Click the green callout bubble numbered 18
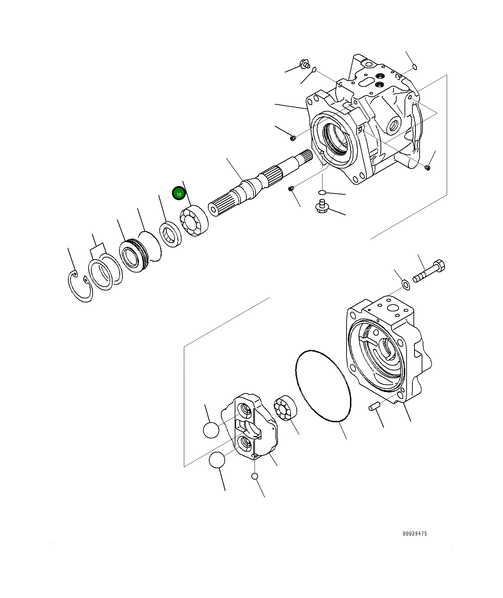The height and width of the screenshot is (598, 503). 179,194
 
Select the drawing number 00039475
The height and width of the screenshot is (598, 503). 415,533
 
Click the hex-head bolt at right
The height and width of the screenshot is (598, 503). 429,272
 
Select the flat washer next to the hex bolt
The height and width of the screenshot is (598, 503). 406,285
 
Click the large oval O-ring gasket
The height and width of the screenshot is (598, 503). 323,386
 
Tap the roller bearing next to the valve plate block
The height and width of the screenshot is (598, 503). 285,407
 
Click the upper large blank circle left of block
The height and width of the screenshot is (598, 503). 211,430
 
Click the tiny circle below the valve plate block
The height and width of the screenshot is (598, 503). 254,476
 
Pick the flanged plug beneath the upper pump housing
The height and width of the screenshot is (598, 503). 322,207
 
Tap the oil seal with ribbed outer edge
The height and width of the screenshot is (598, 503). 133,256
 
